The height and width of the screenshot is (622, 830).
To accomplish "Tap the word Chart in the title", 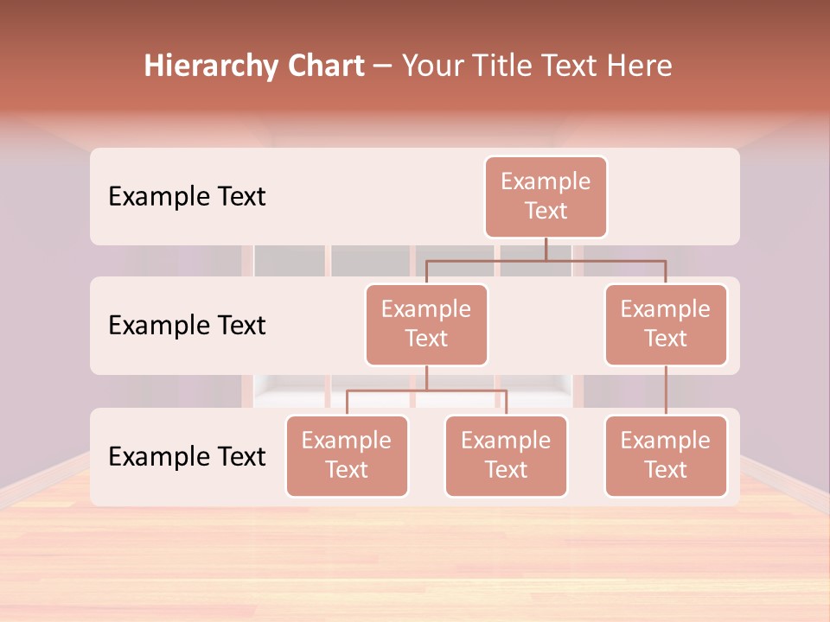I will (322, 67).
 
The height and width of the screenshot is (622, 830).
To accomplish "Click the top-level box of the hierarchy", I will (546, 197).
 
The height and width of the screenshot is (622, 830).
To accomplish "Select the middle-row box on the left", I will (426, 325).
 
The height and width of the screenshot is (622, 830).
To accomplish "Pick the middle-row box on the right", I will (666, 325).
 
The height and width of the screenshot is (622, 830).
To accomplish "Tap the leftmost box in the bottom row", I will (347, 456).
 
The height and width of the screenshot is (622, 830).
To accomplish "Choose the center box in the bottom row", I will (506, 456).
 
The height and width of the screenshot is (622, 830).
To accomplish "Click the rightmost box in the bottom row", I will (666, 456).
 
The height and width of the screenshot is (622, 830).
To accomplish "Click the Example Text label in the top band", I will (187, 197).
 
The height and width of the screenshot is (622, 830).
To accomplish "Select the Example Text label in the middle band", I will (187, 326).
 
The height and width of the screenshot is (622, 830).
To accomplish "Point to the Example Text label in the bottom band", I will (187, 457).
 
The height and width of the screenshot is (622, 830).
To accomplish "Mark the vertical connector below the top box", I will (546, 248).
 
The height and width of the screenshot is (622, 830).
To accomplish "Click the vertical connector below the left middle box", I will (426, 378).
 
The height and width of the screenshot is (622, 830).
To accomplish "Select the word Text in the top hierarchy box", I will (546, 211).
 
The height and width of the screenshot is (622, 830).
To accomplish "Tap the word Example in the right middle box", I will (666, 309).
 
